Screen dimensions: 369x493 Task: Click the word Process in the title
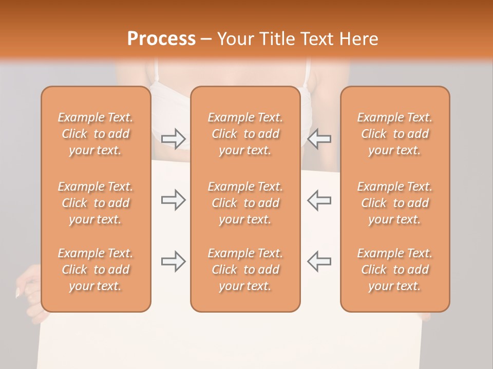tap(161, 39)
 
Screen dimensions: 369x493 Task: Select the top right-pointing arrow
tap(174, 139)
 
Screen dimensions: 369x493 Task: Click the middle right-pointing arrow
tap(174, 200)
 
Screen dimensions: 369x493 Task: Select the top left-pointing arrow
tap(319, 139)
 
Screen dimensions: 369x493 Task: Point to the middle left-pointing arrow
tap(319, 200)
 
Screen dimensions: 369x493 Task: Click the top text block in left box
tap(96, 134)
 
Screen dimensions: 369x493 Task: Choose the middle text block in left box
tap(96, 203)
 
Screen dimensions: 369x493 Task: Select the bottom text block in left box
tap(96, 270)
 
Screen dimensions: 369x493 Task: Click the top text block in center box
tap(245, 134)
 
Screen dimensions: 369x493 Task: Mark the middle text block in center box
tap(245, 203)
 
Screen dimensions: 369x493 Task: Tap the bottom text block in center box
tap(245, 270)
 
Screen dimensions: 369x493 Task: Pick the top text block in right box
tap(394, 134)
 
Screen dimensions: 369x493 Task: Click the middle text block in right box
tap(394, 203)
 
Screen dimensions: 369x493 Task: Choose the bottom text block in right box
tap(394, 270)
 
